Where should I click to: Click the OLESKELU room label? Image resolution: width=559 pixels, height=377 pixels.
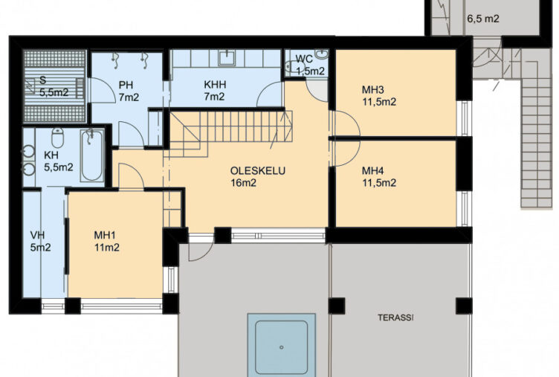coord(257,171)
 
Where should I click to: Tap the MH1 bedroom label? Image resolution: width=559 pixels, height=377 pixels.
coord(105,236)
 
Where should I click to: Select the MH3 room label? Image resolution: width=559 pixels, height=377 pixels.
coord(373,89)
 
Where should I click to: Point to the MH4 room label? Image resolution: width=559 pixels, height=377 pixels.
coord(373,170)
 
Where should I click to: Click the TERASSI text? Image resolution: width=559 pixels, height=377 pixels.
coord(395,318)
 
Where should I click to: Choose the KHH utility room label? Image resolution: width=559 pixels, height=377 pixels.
coord(215,85)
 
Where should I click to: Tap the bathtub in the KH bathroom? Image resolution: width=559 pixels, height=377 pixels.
coord(92,155)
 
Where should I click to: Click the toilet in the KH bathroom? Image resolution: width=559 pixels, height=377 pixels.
coord(57,137)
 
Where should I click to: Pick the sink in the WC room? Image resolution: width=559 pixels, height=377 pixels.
coord(323,55)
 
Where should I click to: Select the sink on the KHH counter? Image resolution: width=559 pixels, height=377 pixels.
coord(227,58)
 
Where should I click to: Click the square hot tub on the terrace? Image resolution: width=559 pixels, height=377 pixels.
coord(282,345)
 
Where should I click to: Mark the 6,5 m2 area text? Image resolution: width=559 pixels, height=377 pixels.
coord(483,19)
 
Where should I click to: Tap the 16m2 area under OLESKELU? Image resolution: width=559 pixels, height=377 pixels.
coord(244,183)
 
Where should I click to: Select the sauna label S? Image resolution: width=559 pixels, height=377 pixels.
coord(43,80)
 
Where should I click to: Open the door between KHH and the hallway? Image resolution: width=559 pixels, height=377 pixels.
coord(271,94)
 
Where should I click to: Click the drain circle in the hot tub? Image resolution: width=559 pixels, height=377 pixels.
coord(282,347)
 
